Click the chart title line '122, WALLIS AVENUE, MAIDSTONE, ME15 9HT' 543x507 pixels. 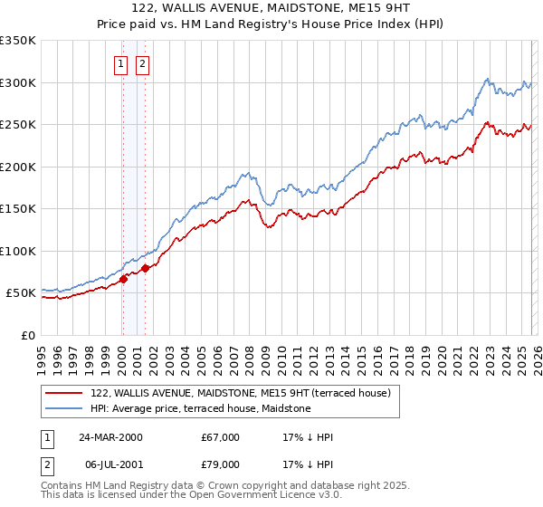[x=271, y=7]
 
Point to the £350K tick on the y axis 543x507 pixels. [x=18, y=41]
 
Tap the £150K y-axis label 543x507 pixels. [x=18, y=209]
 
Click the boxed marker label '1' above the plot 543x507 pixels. [x=121, y=63]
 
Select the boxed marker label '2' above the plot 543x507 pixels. [x=143, y=63]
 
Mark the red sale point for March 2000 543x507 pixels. [x=124, y=279]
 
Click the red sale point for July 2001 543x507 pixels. [x=145, y=269]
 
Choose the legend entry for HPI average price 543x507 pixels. [x=200, y=409]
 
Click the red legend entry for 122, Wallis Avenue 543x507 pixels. [x=240, y=393]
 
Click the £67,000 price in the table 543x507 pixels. [x=221, y=437]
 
